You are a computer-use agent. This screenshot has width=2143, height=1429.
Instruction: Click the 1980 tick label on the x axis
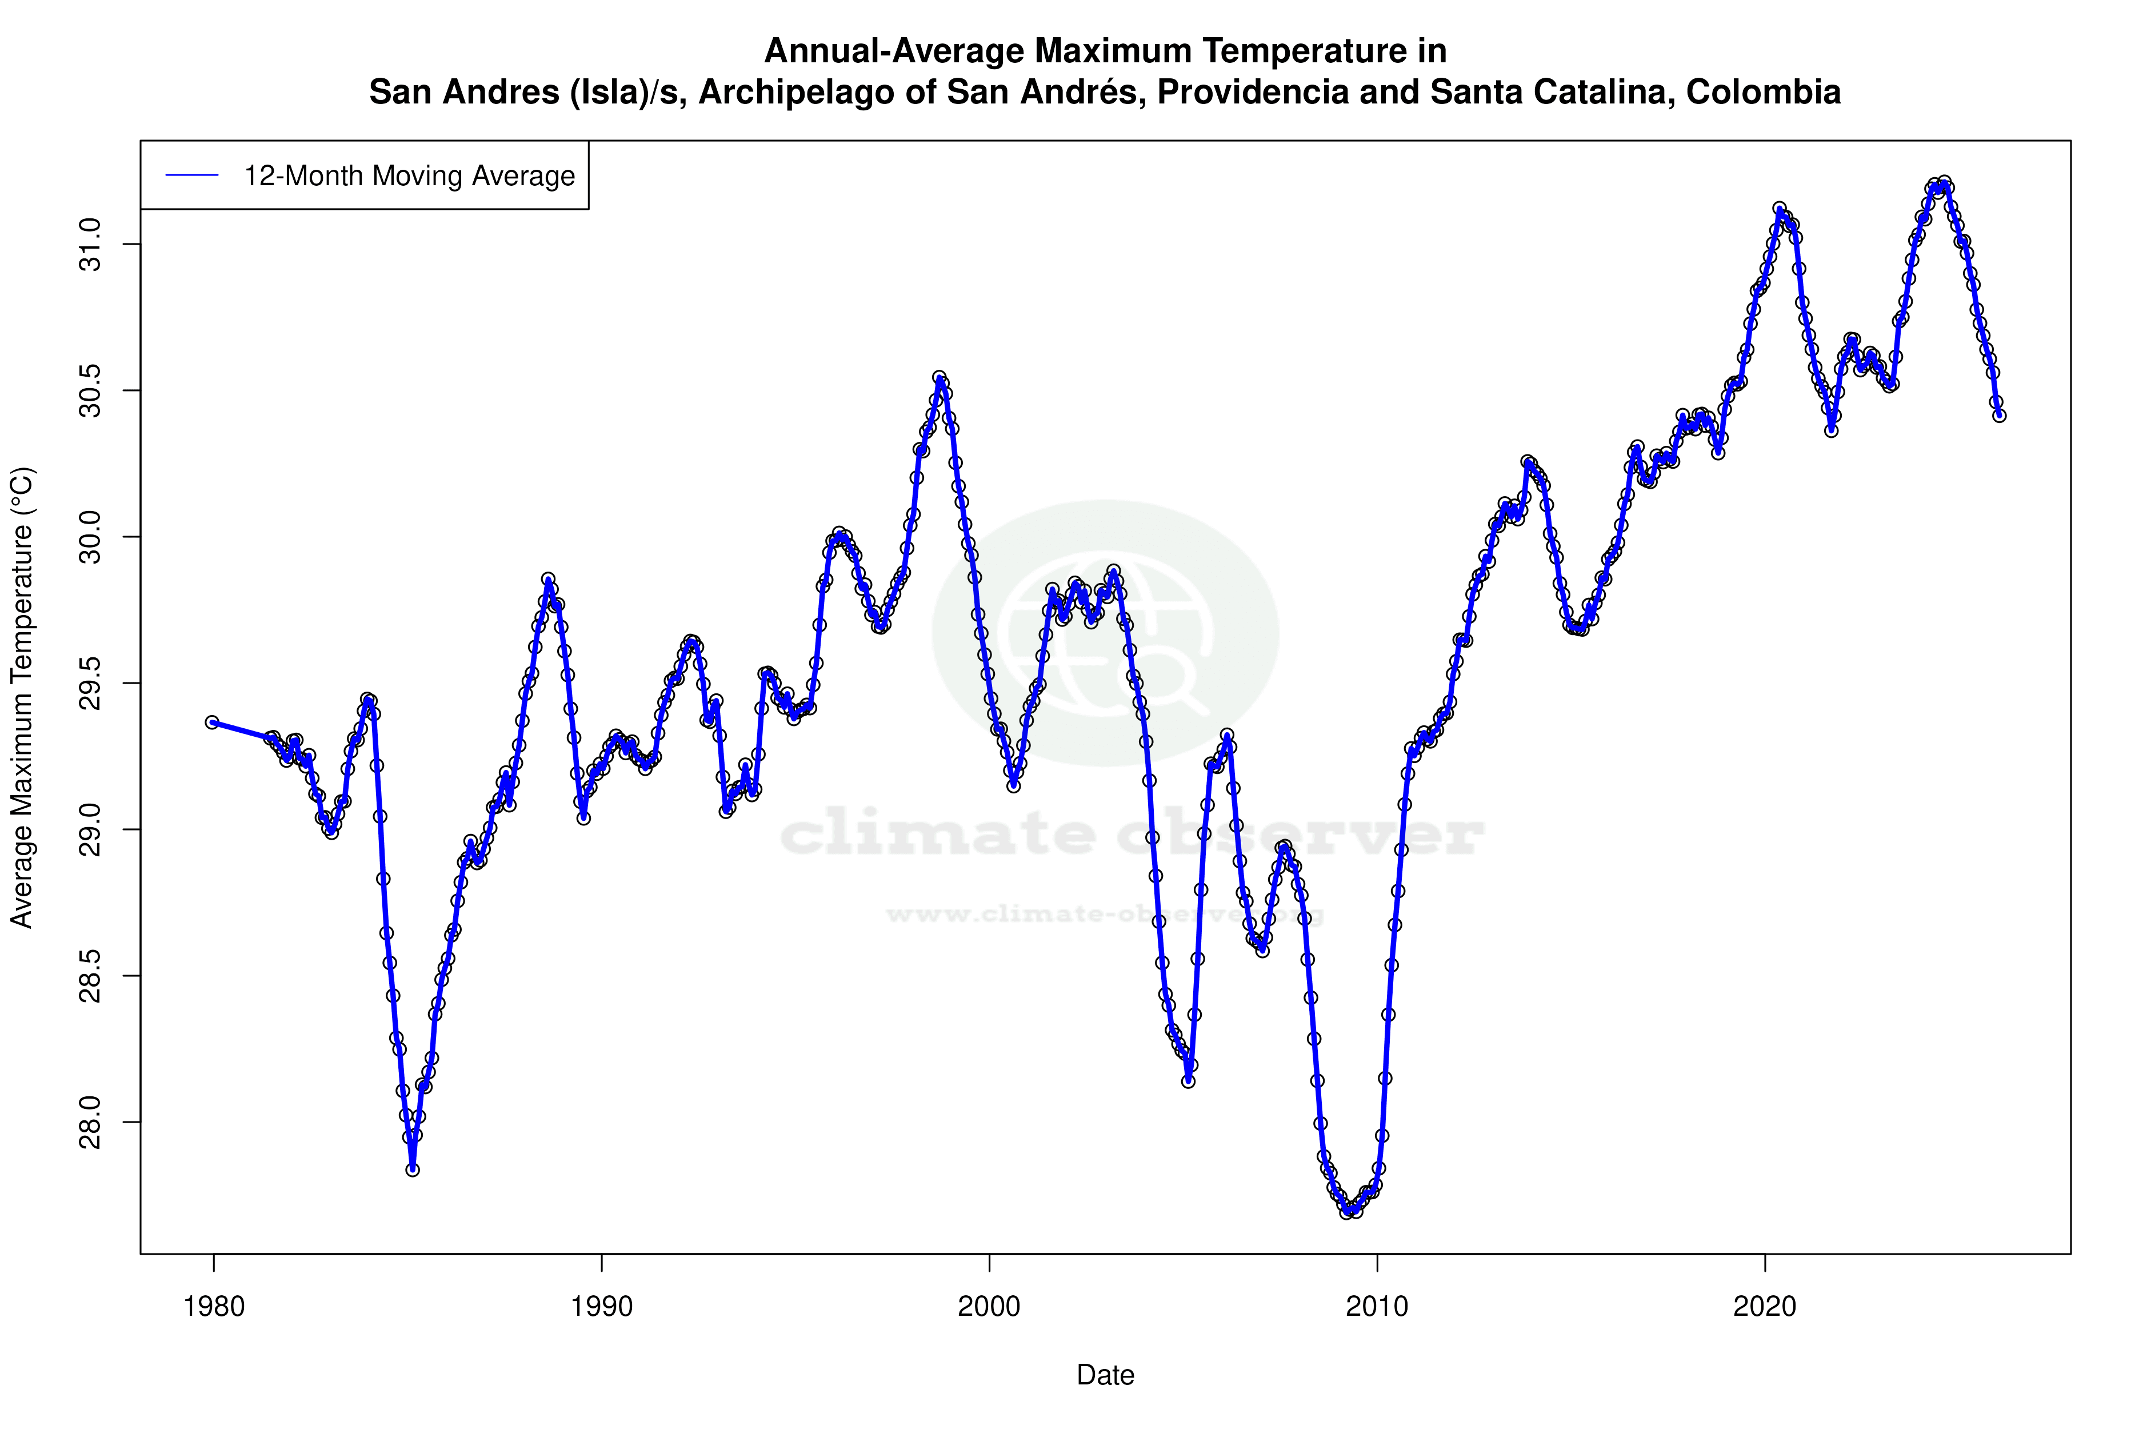coord(214,1307)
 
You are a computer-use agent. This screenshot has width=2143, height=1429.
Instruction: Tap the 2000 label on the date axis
coord(990,1307)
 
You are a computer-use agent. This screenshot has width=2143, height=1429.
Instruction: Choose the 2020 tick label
coord(1765,1307)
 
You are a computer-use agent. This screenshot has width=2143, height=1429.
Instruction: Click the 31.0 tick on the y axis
coord(91,244)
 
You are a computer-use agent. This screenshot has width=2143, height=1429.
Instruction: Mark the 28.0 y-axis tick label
coord(91,1122)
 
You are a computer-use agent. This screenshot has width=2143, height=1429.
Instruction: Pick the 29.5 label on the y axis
coord(91,684)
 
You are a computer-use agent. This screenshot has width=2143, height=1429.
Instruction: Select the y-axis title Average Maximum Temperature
coord(22,697)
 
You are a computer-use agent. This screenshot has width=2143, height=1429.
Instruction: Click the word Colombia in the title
coord(1763,92)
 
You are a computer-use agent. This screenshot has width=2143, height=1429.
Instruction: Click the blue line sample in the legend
coord(192,176)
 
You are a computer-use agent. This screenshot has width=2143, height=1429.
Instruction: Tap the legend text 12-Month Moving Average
coord(409,176)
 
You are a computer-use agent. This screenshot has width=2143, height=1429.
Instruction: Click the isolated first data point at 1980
coord(212,722)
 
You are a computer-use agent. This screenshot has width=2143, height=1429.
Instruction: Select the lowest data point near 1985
coord(413,1170)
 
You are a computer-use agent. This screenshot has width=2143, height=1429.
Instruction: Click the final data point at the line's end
coord(1999,416)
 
